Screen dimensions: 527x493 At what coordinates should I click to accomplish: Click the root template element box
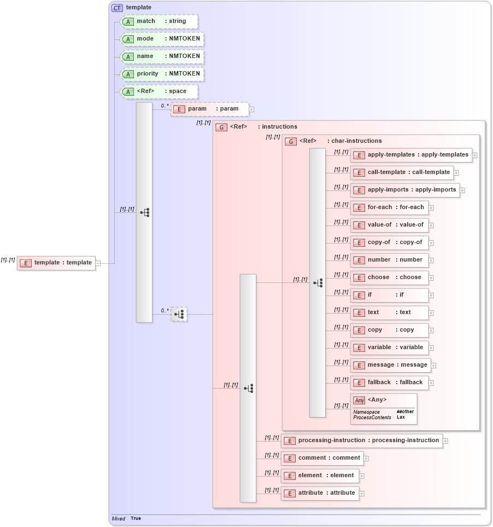56,263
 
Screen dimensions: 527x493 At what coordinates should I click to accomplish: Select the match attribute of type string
159,21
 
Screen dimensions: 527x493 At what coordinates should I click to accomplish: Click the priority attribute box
162,74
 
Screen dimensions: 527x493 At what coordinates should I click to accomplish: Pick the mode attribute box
162,39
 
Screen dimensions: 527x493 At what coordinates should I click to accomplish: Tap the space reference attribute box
159,91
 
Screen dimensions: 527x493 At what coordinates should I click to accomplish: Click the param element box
209,109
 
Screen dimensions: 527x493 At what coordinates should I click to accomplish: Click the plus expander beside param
251,109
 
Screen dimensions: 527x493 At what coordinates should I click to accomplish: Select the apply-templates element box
411,155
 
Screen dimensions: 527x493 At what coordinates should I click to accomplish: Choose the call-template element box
402,172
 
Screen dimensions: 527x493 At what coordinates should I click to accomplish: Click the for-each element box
389,207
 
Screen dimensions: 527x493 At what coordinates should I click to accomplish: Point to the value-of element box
389,225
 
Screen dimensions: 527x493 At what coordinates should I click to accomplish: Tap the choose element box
389,277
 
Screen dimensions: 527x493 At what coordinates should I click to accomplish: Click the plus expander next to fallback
431,383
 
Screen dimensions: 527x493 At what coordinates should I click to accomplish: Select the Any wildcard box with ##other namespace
384,409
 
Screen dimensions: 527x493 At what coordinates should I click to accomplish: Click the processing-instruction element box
361,441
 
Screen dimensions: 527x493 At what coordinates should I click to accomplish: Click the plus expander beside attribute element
362,494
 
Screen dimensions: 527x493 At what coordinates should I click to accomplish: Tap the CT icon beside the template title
118,8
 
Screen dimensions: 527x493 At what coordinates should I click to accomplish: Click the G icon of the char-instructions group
291,141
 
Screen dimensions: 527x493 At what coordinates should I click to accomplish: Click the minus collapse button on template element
98,263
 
